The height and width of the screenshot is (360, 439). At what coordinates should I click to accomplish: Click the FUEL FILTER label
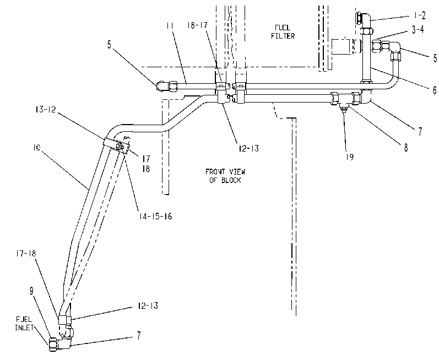[x=283, y=31]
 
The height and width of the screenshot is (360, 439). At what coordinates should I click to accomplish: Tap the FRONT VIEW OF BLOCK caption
[x=225, y=176]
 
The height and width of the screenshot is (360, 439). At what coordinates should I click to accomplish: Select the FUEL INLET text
[x=24, y=323]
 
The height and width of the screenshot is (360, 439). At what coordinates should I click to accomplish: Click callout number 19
[x=349, y=157]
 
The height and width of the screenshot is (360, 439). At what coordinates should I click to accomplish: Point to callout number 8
[x=406, y=147]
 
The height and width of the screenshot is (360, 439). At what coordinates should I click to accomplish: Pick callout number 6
[x=434, y=90]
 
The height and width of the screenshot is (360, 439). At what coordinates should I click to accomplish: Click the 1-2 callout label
[x=419, y=15]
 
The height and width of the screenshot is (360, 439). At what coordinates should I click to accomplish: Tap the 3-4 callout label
[x=418, y=30]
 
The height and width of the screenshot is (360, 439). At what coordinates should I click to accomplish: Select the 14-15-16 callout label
[x=155, y=216]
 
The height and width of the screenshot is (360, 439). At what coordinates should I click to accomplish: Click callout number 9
[x=31, y=291]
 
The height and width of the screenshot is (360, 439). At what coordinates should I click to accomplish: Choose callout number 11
[x=170, y=26]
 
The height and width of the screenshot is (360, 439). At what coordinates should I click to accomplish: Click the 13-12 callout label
[x=45, y=109]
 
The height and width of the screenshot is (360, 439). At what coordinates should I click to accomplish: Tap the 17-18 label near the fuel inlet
[x=26, y=253]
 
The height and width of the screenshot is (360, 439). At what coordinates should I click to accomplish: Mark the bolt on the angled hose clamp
[x=121, y=147]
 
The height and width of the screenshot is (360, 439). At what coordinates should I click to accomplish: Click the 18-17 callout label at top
[x=197, y=25]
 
